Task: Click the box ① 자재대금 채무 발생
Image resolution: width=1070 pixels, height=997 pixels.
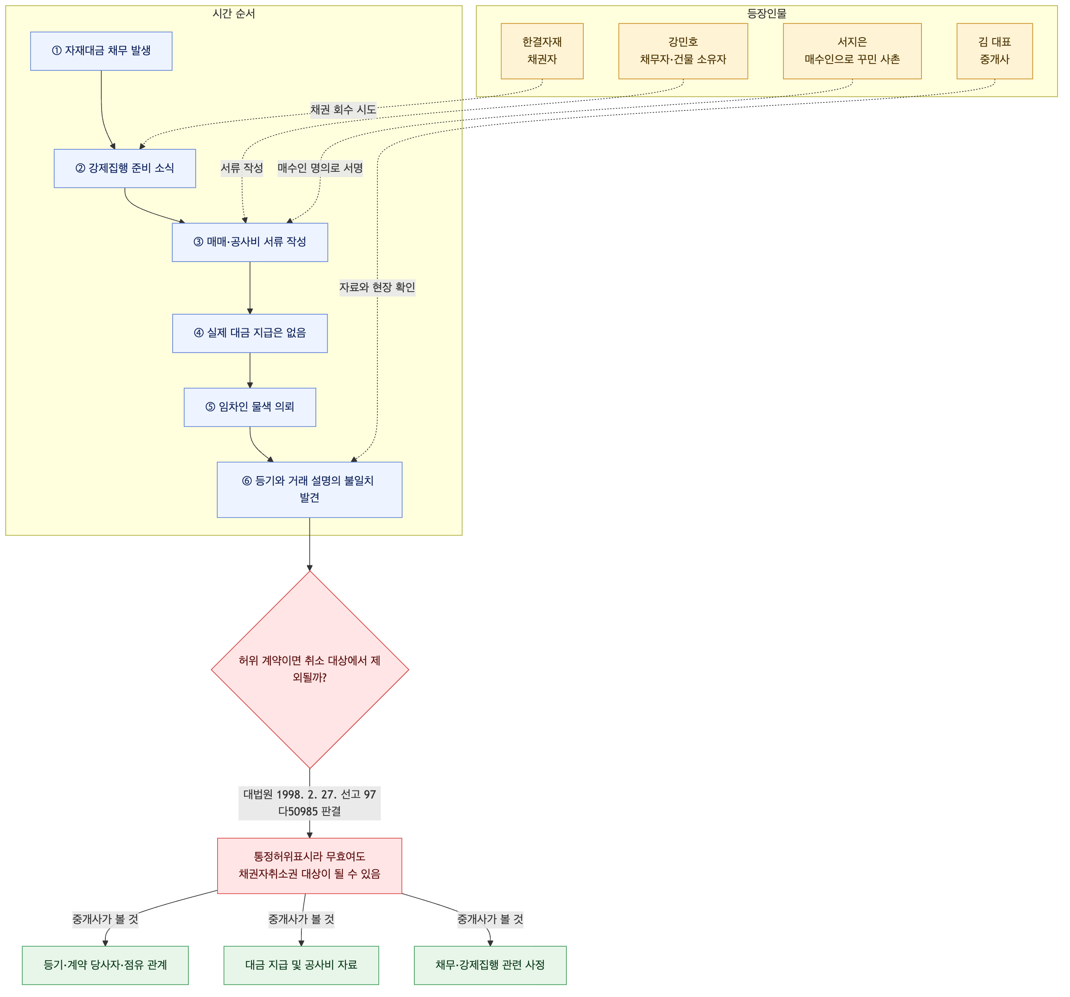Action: click(x=101, y=51)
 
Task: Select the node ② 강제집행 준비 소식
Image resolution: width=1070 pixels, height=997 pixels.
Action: click(x=125, y=168)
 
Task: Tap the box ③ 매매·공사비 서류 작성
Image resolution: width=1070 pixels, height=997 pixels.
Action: click(x=250, y=242)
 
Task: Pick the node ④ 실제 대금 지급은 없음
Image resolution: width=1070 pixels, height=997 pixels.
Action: click(x=250, y=333)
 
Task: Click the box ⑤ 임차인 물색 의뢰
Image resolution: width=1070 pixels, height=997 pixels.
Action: click(x=250, y=407)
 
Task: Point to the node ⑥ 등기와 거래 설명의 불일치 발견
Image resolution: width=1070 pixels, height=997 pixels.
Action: click(x=309, y=490)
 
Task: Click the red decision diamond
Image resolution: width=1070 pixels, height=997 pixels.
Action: click(x=310, y=669)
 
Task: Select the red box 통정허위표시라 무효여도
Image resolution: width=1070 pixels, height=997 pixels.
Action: click(x=309, y=866)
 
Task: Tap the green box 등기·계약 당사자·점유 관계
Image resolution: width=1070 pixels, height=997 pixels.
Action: click(x=105, y=965)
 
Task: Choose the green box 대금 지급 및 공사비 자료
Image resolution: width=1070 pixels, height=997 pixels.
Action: click(x=301, y=965)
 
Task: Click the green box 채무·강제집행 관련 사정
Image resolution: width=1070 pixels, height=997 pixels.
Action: click(x=490, y=965)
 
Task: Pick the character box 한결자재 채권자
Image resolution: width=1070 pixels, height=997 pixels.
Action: click(x=542, y=51)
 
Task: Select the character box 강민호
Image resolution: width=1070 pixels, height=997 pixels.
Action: click(x=683, y=51)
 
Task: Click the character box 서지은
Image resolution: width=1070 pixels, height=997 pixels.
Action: click(x=852, y=51)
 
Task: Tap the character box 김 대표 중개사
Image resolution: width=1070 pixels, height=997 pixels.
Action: click(x=995, y=51)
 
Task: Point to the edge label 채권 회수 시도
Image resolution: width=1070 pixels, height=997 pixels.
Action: click(x=343, y=110)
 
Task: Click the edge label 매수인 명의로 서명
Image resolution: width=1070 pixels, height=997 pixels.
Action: click(x=320, y=168)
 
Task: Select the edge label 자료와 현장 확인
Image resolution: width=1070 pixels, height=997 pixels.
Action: click(x=377, y=287)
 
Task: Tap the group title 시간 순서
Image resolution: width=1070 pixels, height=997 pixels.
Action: click(x=234, y=14)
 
